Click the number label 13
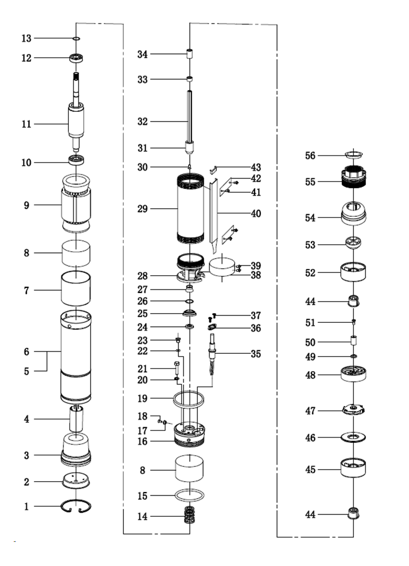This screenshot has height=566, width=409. [26, 38]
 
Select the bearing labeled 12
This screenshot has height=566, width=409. [76, 58]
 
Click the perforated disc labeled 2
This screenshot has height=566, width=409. [76, 481]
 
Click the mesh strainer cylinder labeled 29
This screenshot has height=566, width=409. [190, 209]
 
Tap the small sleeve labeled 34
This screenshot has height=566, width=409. [189, 56]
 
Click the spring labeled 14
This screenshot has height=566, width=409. [189, 516]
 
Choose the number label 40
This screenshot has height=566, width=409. [256, 214]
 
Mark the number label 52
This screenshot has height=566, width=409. [310, 274]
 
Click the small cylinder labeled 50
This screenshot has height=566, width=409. [354, 341]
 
